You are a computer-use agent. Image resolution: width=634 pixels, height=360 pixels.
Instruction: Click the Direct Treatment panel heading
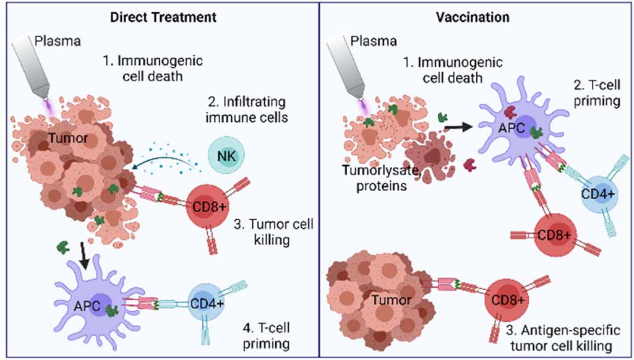tap(163, 17)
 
